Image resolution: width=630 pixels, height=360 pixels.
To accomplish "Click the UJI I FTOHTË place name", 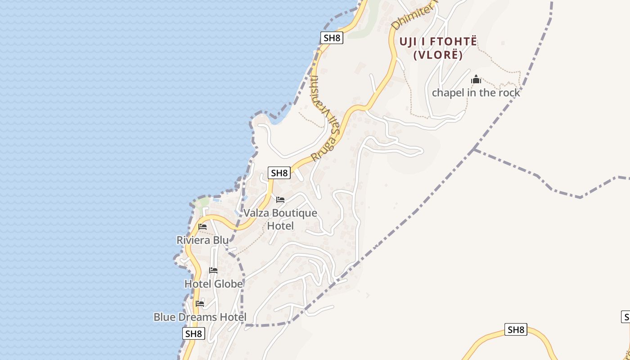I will pyautogui.click(x=438, y=42).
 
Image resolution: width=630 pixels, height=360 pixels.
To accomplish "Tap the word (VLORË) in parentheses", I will pyautogui.click(x=438, y=55).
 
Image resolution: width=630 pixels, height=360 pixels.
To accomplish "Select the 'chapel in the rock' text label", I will pyautogui.click(x=476, y=93).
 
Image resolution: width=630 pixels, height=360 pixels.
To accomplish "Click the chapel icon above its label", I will pyautogui.click(x=476, y=80).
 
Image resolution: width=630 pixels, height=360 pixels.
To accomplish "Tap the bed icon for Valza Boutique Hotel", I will pyautogui.click(x=280, y=200).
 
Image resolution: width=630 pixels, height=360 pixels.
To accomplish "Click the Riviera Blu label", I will pyautogui.click(x=202, y=240).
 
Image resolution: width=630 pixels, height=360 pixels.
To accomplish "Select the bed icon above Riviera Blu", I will pyautogui.click(x=202, y=227).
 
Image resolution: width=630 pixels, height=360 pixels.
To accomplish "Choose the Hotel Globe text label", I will pyautogui.click(x=214, y=284).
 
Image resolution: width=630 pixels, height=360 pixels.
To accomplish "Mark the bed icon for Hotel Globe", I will pyautogui.click(x=213, y=270).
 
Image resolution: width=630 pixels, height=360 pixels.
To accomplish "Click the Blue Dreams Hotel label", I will pyautogui.click(x=200, y=317).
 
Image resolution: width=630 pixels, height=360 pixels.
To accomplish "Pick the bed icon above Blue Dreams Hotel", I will pyautogui.click(x=200, y=304).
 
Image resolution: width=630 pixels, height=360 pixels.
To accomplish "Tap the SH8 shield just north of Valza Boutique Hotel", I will pyautogui.click(x=279, y=173).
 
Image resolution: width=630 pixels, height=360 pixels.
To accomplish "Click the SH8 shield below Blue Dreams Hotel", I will pyautogui.click(x=193, y=334).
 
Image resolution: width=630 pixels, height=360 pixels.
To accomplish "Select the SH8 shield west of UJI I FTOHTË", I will pyautogui.click(x=332, y=38).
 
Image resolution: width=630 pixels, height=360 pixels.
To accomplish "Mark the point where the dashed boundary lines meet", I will pyautogui.click(x=474, y=149).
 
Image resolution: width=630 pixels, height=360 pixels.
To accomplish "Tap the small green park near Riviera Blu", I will pyautogui.click(x=204, y=202).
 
